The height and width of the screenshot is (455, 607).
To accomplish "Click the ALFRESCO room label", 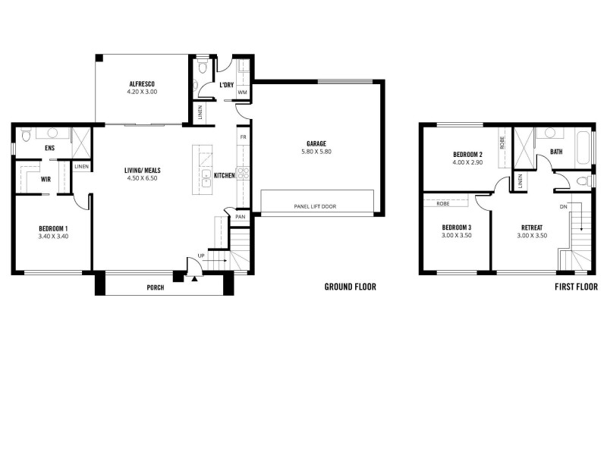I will click(142, 84).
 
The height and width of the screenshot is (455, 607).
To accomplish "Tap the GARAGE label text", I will click(316, 143).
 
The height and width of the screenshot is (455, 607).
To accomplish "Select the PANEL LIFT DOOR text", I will click(319, 206).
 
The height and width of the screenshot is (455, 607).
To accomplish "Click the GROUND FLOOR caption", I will click(350, 287).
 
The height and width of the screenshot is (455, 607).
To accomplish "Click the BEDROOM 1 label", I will click(53, 228).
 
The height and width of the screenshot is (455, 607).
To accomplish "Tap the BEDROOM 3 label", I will click(457, 227).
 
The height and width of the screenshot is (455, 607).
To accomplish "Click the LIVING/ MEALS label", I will click(143, 171).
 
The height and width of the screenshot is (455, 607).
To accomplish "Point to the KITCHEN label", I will click(224, 176).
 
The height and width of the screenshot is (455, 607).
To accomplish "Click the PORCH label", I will click(156, 287).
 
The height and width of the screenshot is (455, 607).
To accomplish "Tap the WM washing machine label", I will click(242, 93).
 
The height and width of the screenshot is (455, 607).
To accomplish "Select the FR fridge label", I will click(243, 137).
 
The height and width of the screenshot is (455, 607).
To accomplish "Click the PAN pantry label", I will click(240, 217).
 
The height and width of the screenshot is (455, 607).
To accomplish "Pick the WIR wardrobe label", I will click(25, 180).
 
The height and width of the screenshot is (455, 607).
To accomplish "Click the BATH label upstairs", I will click(556, 152).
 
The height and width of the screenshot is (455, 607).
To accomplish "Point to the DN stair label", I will click(563, 206).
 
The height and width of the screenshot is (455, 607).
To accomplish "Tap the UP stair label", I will click(200, 256).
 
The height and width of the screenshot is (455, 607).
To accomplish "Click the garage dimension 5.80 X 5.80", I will click(316, 152).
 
